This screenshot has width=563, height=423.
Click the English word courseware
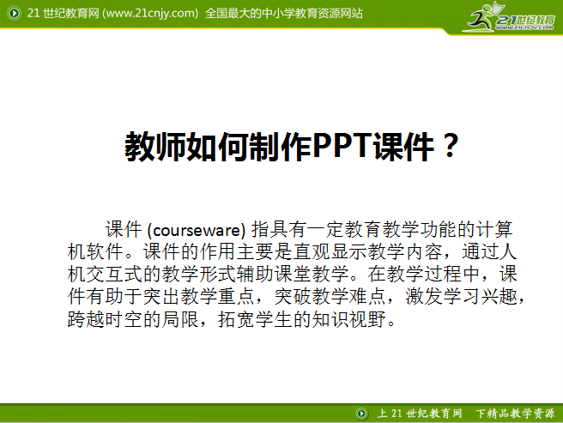coord(197,230)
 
